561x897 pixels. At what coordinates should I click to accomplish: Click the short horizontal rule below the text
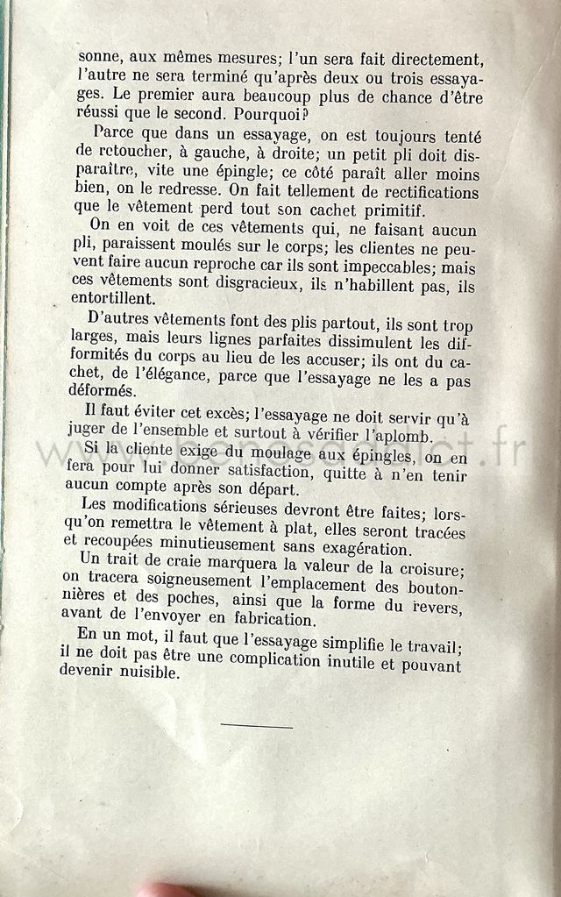coord(256,726)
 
